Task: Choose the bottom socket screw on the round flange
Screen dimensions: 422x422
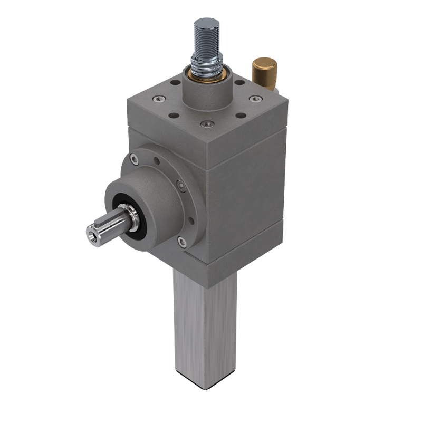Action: (182, 241)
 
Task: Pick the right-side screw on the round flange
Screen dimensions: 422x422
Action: (182, 185)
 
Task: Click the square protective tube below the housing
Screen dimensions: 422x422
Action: (203, 327)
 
